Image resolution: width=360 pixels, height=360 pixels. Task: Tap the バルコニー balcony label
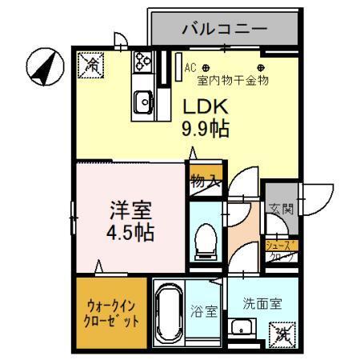[x=223, y=30]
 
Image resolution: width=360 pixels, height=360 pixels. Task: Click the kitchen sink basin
[x=144, y=102]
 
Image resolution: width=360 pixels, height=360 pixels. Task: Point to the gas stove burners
[x=143, y=60]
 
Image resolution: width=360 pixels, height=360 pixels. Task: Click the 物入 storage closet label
[x=205, y=182]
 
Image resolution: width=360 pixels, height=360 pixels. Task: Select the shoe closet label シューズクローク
[x=280, y=251]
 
